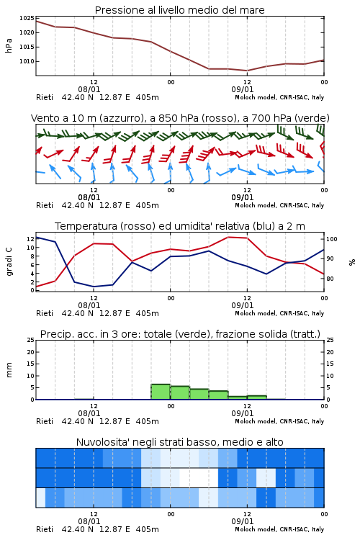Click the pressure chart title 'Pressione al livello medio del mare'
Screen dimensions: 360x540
[179, 10]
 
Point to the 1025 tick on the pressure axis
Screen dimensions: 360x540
[27, 18]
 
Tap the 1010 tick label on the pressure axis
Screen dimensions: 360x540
[27, 61]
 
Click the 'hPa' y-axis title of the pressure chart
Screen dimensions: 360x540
[9, 45]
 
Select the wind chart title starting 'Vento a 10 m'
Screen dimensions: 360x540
[180, 118]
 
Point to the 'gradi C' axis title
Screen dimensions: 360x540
[9, 261]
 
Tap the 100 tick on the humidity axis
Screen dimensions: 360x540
[332, 239]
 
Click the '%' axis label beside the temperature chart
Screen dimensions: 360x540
[352, 262]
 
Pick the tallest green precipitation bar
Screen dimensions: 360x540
[161, 392]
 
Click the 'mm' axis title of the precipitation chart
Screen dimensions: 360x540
[9, 370]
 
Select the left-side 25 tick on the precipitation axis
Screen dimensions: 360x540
[31, 340]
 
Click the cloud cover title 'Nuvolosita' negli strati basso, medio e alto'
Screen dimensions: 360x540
[179, 442]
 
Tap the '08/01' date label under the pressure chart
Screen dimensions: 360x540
[89, 89]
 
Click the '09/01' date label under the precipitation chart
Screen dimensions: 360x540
[242, 413]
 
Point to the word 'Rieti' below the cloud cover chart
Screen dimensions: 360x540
[45, 529]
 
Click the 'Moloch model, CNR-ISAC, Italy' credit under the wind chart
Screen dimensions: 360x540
[279, 205]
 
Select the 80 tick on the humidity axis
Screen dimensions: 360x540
[330, 279]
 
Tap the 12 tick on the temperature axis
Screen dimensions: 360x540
[30, 239]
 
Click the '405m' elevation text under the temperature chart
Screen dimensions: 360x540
[147, 313]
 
